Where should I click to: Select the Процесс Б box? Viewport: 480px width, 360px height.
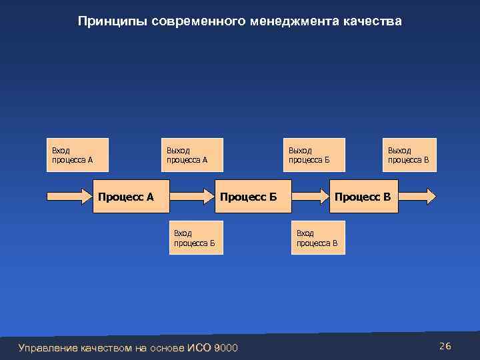(x=247, y=197)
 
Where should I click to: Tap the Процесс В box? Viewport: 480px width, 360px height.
(x=364, y=197)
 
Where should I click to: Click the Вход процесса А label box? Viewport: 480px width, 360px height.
(x=77, y=155)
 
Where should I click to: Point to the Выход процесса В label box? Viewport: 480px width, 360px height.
(x=409, y=155)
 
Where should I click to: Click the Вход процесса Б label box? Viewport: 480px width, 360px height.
(x=197, y=238)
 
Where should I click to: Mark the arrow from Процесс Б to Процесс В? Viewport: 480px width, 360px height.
(x=305, y=196)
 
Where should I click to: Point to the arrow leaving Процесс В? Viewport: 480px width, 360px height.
(x=417, y=196)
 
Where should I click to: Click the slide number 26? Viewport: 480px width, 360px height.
(x=445, y=346)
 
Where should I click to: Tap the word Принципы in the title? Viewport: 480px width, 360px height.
(x=113, y=22)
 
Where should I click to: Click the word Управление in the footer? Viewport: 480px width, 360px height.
(x=48, y=348)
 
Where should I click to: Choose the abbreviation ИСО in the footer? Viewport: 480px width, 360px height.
(x=199, y=348)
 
